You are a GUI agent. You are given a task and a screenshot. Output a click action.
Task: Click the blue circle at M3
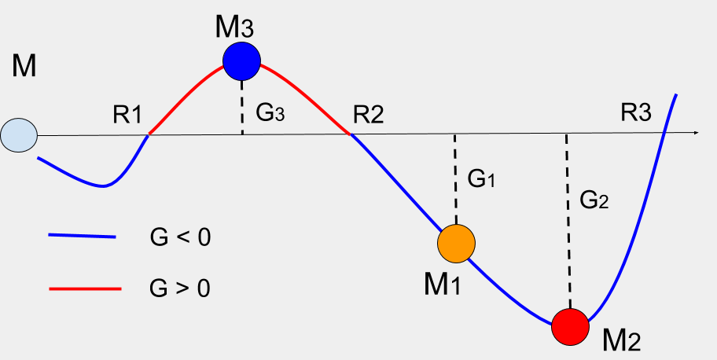(x=241, y=60)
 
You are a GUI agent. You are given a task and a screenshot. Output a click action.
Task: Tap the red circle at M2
(x=569, y=325)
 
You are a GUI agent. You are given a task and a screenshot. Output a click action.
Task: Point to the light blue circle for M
(x=18, y=135)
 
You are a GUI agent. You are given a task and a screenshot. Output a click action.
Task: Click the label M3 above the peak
(x=234, y=27)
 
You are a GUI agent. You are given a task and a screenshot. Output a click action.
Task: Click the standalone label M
(x=24, y=67)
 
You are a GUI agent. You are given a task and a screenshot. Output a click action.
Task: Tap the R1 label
(x=127, y=115)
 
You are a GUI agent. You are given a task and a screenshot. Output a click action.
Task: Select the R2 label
(x=368, y=115)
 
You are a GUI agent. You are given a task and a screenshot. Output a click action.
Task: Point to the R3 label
(x=635, y=113)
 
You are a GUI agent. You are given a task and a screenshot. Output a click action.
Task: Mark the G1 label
(x=481, y=180)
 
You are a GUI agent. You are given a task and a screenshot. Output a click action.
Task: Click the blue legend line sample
(x=82, y=236)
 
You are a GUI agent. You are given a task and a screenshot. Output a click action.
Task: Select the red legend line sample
(x=84, y=288)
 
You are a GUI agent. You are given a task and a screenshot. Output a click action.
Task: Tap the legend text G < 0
(x=180, y=236)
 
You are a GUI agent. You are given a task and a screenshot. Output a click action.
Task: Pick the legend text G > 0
(x=180, y=288)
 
